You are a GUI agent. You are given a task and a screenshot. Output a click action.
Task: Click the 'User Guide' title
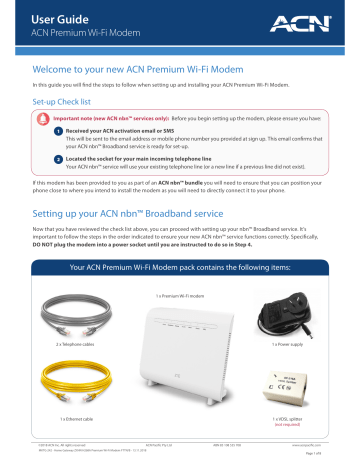[x=53, y=14]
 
